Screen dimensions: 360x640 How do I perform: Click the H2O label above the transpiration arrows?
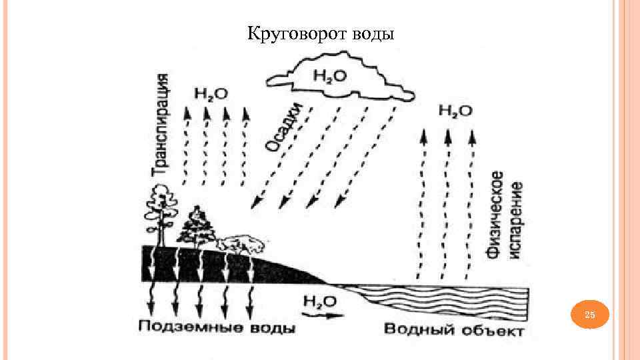(210, 93)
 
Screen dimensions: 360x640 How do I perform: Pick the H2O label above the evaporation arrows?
(455, 110)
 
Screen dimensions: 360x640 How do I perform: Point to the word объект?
(490, 330)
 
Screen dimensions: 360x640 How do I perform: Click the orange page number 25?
(590, 315)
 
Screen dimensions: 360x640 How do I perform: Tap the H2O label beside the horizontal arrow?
(319, 301)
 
